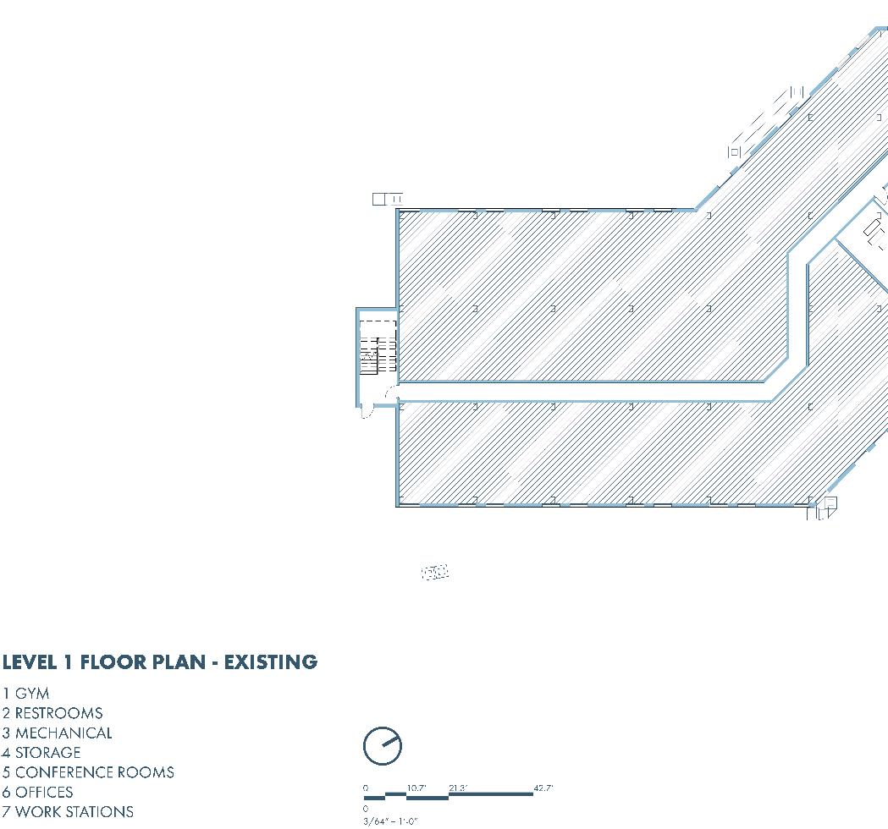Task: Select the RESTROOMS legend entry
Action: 58,713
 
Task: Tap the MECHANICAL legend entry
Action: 63,733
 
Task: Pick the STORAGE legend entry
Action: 47,752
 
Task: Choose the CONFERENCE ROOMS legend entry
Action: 94,772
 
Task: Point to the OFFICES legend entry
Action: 43,792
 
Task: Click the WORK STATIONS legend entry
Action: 74,811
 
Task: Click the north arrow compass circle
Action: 382,746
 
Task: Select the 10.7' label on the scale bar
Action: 416,788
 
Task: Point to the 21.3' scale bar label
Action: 458,788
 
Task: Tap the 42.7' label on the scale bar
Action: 543,788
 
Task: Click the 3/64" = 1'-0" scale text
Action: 390,821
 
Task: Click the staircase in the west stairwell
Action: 369,355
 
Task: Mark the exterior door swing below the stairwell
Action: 367,412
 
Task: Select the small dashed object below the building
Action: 434,573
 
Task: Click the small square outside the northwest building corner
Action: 379,199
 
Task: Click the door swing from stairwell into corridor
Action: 390,393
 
